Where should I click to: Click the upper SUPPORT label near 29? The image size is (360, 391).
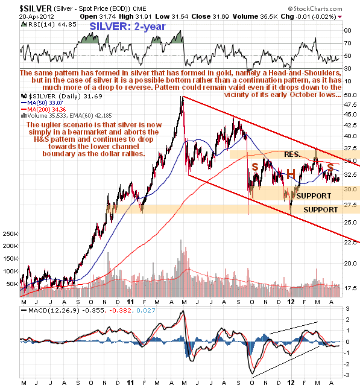point(313,196)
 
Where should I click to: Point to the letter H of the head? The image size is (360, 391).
point(290,173)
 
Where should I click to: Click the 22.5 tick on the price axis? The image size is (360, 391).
point(350,243)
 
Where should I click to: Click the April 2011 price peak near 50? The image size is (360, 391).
point(182,97)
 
